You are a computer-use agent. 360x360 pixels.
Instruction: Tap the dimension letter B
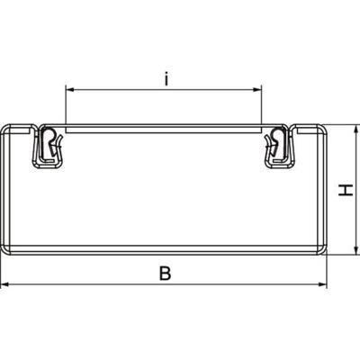[x=164, y=272]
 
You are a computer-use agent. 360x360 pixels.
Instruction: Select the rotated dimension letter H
[x=343, y=190]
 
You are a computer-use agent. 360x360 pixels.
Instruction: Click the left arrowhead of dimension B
[x=5, y=285]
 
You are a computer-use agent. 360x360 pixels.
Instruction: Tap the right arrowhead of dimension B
[x=324, y=285]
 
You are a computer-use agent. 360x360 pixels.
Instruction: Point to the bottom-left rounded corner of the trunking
[x=7, y=248]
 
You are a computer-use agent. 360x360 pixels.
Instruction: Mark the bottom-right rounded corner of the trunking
[x=321, y=248]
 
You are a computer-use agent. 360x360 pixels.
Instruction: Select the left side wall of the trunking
[x=4, y=189]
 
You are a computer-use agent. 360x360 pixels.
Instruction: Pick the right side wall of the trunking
[x=325, y=189]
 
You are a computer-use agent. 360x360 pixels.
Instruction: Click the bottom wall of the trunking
[x=164, y=252]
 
